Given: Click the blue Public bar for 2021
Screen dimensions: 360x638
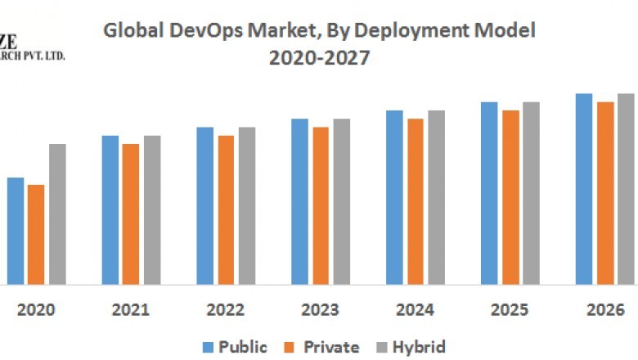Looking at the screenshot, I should click(x=110, y=209).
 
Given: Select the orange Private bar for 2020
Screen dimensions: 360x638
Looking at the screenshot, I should click(x=36, y=235).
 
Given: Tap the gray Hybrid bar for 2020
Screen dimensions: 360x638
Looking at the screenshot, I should click(x=57, y=214).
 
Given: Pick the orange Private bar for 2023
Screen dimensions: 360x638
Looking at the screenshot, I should click(x=321, y=205).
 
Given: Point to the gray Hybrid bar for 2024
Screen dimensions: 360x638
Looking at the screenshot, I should click(x=436, y=197).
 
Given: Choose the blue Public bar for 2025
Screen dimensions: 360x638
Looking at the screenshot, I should click(x=489, y=193).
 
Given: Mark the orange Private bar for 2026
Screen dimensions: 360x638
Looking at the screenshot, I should click(x=605, y=193).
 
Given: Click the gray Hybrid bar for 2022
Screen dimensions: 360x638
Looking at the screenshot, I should click(x=247, y=205).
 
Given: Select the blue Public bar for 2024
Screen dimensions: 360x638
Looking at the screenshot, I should click(x=394, y=197).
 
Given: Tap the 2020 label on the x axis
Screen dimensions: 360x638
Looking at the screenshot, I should click(x=36, y=310).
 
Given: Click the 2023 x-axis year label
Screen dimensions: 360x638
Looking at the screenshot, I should click(x=320, y=310).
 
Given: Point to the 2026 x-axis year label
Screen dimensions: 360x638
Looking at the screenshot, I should click(x=604, y=310).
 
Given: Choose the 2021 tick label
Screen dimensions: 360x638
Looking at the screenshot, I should click(x=130, y=310).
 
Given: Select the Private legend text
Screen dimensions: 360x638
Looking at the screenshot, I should click(x=331, y=347).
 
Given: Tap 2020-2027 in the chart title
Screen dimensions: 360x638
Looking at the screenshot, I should click(x=320, y=59).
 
